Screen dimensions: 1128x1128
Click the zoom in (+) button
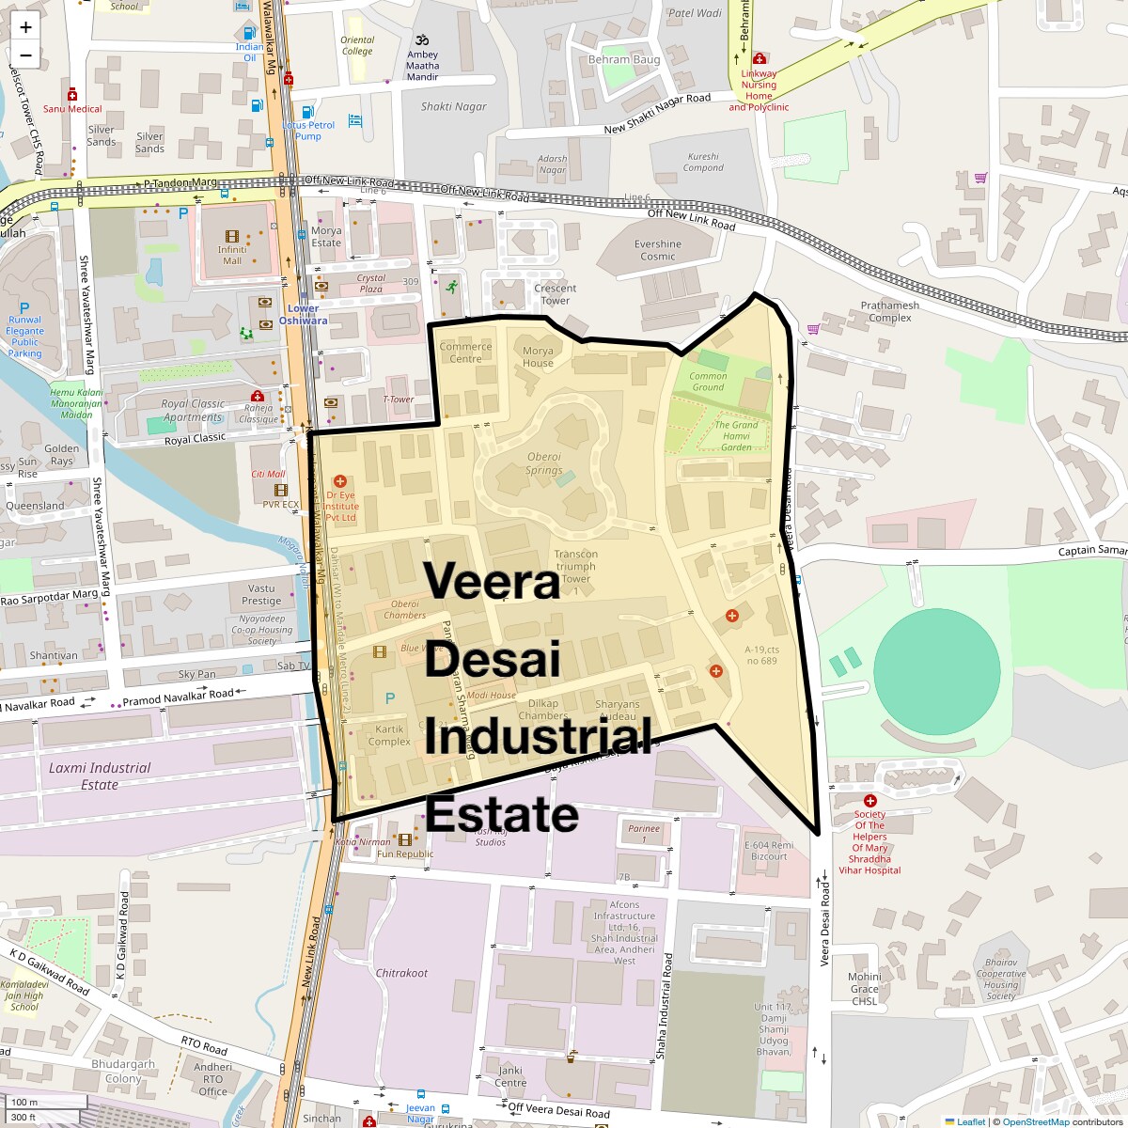[x=25, y=27]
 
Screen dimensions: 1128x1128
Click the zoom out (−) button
[x=25, y=55]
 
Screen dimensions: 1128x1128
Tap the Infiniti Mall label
[x=232, y=255]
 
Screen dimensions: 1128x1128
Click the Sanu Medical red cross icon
[x=72, y=95]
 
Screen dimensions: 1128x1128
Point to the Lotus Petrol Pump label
[x=308, y=131]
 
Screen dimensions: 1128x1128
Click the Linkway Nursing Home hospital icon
[x=759, y=59]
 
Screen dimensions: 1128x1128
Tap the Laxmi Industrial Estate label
[x=100, y=775]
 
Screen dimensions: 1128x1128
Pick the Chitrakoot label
[x=401, y=973]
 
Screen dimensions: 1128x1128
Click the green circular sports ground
[x=936, y=669]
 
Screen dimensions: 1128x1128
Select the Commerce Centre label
[x=465, y=352]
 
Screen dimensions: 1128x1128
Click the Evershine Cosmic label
[x=658, y=249]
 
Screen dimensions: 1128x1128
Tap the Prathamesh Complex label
[x=890, y=311]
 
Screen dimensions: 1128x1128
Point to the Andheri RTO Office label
[x=212, y=1079]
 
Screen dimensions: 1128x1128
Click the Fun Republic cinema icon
[x=405, y=839]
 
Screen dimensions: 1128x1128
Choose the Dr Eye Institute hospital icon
[x=339, y=481]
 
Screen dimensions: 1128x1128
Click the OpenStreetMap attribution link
[x=1035, y=1121]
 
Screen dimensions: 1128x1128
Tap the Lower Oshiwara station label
[x=303, y=314]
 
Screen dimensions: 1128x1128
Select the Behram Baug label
[x=624, y=59]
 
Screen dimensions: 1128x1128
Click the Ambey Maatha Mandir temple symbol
[x=422, y=40]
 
